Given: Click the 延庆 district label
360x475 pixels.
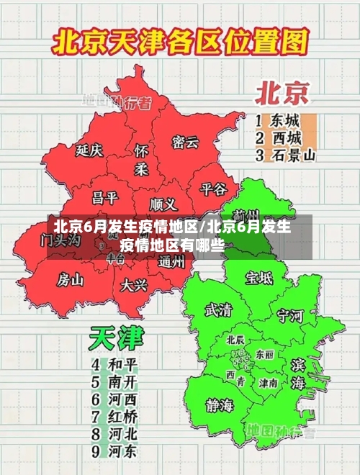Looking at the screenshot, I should [90, 150].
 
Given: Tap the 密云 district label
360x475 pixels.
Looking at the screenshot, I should [185, 142].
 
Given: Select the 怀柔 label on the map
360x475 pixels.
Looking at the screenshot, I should [141, 159].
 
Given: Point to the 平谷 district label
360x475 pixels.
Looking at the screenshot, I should [213, 189].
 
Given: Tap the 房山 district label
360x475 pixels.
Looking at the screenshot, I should [71, 279].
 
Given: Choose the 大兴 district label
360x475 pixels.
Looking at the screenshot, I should [134, 285].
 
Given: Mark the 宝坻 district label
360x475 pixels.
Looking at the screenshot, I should [258, 277].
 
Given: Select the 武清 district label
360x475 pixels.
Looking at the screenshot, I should [218, 310].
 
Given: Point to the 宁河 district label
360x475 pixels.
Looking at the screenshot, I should [290, 315].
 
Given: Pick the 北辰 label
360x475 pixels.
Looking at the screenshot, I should [235, 340].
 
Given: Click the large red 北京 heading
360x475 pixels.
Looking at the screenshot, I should [282, 93].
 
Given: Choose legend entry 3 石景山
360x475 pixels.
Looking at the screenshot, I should [286, 155].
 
